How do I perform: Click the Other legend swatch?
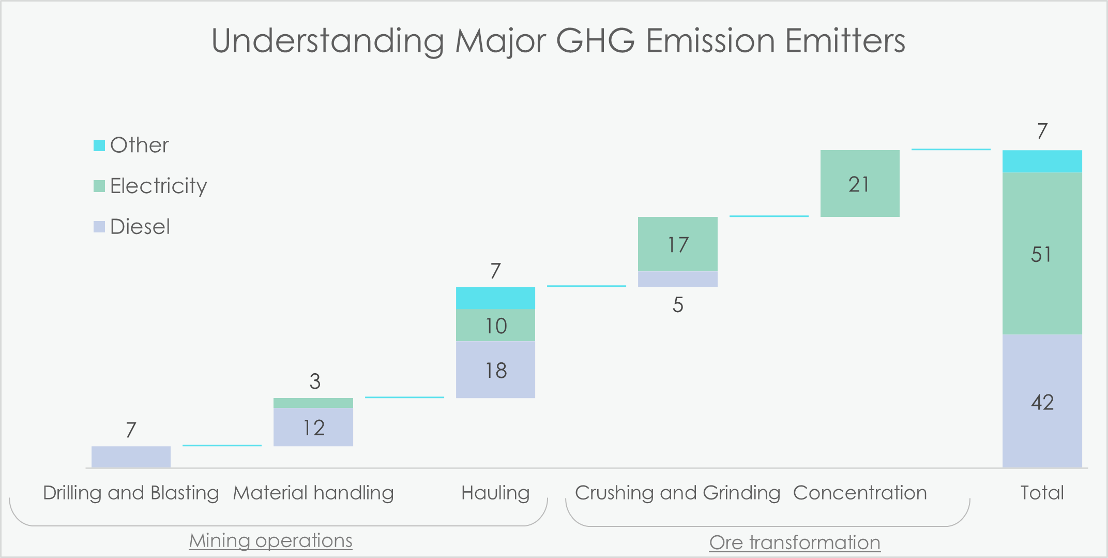[x=99, y=145]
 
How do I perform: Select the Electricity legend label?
[x=158, y=186]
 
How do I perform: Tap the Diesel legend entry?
[x=132, y=227]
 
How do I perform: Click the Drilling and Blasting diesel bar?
[x=131, y=457]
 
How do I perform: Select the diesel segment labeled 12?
[x=313, y=427]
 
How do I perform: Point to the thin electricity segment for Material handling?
[x=313, y=403]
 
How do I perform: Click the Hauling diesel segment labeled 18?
[x=495, y=370]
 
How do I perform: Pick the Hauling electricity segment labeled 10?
[x=495, y=325]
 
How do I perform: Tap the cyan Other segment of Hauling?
[x=495, y=298]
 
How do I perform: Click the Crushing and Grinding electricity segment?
[x=678, y=244]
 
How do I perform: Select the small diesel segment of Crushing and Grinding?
[x=678, y=279]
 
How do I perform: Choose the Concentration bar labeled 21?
[x=860, y=183]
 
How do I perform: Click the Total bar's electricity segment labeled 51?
[x=1042, y=253]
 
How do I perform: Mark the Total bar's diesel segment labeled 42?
[x=1042, y=401]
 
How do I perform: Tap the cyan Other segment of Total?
[x=1042, y=161]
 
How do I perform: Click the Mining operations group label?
[x=270, y=541]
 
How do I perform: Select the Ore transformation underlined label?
[x=795, y=542]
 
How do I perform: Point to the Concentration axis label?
[x=860, y=493]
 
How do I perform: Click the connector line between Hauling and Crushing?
[x=586, y=286]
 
